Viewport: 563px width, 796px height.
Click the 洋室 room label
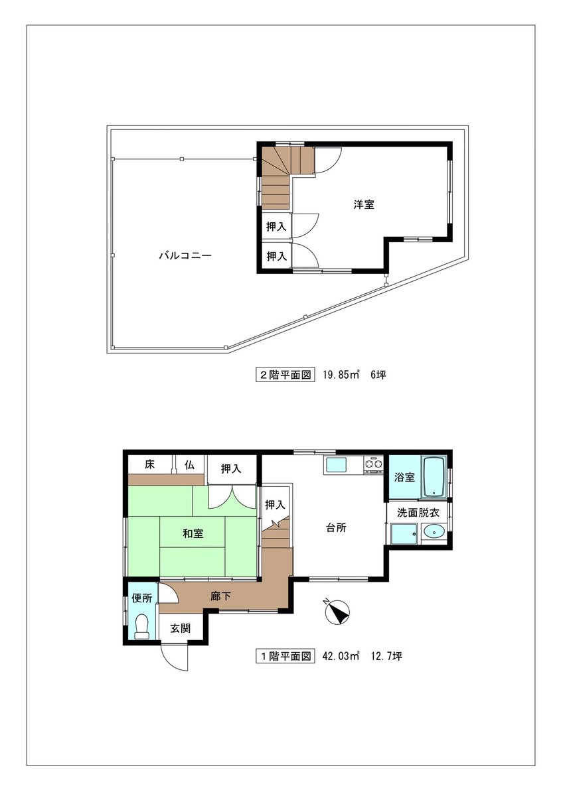tap(364, 205)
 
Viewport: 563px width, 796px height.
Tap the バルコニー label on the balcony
tap(185, 255)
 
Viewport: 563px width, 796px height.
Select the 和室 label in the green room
tap(193, 533)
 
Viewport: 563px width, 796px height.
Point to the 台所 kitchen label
tap(336, 528)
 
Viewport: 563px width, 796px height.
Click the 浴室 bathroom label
tap(404, 477)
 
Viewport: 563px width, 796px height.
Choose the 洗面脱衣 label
tap(418, 513)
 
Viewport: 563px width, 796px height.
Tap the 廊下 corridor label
tap(220, 596)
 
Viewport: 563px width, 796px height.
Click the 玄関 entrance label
tap(181, 628)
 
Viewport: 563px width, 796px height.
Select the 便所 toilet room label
tap(142, 598)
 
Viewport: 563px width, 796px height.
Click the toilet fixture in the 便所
tap(142, 627)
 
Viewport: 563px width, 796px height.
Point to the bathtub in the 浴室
tap(434, 477)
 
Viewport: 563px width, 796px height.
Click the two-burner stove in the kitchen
tap(373, 465)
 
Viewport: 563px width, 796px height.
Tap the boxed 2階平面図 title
tap(285, 375)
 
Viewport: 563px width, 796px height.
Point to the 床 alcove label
tap(149, 464)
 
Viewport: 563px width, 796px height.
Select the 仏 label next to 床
tap(189, 464)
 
